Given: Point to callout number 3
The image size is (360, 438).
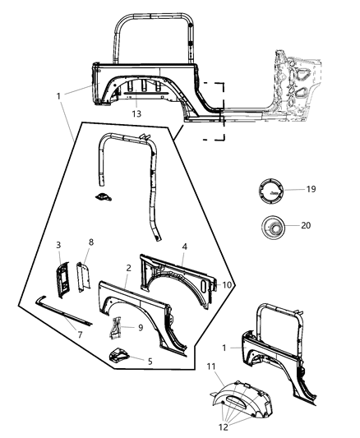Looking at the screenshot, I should tap(59, 245).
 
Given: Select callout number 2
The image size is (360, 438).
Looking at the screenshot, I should tap(128, 269).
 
